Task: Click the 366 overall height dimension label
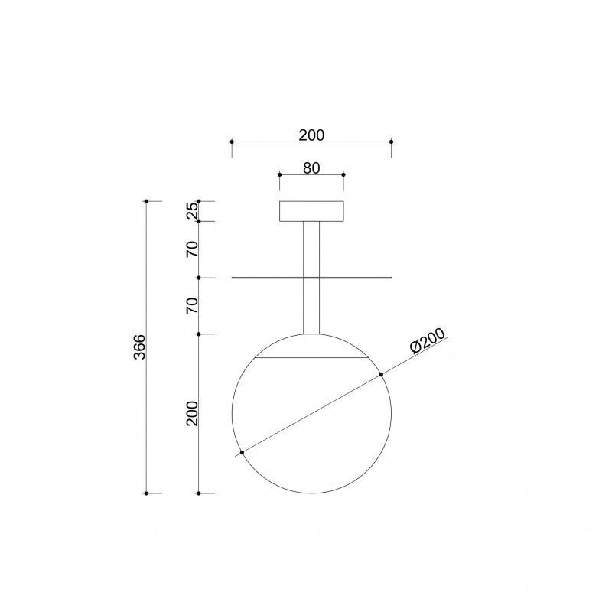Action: [x=140, y=347]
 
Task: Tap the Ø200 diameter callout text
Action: [x=428, y=340]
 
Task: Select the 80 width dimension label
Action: [x=311, y=168]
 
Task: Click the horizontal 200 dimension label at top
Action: [x=311, y=135]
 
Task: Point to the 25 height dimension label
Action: [x=193, y=211]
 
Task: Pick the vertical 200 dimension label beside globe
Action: [x=193, y=413]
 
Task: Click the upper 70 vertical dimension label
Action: [x=193, y=249]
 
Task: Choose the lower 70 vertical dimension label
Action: [x=193, y=305]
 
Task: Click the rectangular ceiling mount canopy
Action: [x=311, y=211]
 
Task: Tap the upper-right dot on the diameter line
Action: [x=381, y=375]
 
